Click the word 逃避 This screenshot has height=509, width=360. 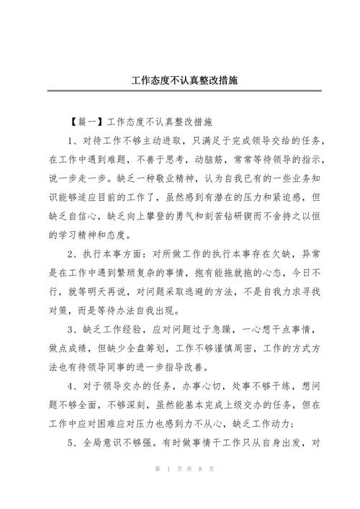pyautogui.click(x=207, y=292)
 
